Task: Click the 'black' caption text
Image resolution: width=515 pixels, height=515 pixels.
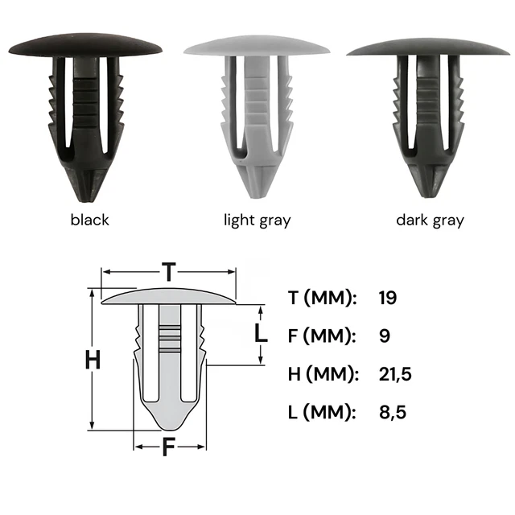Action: pos(89,220)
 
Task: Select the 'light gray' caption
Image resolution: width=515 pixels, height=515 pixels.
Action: pos(257,220)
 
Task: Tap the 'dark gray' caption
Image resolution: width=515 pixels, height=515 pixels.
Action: pos(430,220)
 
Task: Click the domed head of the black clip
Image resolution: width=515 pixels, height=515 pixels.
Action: pos(85,45)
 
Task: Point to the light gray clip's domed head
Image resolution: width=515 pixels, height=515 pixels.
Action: pos(257,46)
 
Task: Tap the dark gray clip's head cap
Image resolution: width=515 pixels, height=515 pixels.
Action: pos(428,48)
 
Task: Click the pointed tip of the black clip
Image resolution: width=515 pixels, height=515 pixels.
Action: pos(86,200)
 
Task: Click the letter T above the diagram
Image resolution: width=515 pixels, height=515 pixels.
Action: pos(169,272)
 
